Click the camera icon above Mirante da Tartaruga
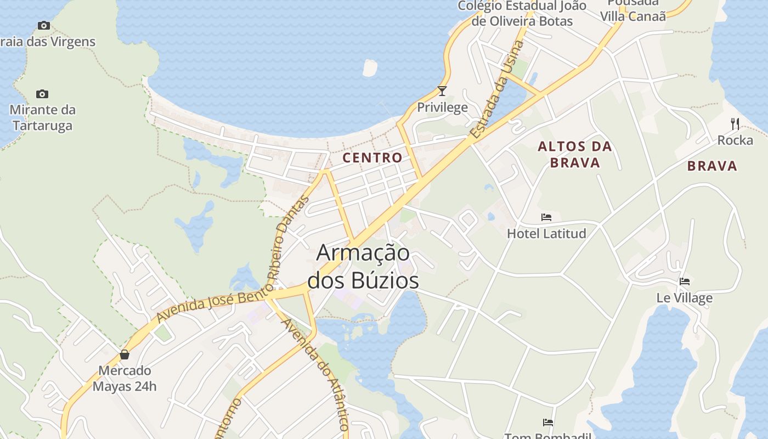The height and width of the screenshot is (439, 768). pyautogui.click(x=42, y=94)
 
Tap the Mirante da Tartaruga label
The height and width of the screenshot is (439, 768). pyautogui.click(x=43, y=117)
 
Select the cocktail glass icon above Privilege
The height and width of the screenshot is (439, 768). pyautogui.click(x=442, y=91)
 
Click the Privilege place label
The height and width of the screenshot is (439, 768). pyautogui.click(x=442, y=107)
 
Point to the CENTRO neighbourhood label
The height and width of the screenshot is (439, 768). pyautogui.click(x=372, y=157)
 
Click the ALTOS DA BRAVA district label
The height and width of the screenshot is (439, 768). pyautogui.click(x=575, y=154)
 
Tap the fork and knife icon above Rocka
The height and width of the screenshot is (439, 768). pyautogui.click(x=735, y=124)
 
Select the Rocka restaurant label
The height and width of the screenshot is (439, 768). pyautogui.click(x=735, y=140)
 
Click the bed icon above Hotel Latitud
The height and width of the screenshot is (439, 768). pyautogui.click(x=546, y=217)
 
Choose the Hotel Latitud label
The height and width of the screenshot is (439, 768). pyautogui.click(x=546, y=233)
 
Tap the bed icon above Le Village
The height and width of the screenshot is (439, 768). pyautogui.click(x=685, y=282)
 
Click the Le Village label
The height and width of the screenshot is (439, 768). pyautogui.click(x=685, y=298)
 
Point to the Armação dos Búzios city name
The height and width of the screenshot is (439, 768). pyautogui.click(x=363, y=267)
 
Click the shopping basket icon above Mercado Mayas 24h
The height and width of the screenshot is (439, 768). pyautogui.click(x=125, y=354)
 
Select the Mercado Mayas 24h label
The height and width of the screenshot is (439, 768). pyautogui.click(x=125, y=379)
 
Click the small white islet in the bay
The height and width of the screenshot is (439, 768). pyautogui.click(x=370, y=67)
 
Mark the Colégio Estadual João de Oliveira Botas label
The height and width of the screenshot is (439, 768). pyautogui.click(x=522, y=14)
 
